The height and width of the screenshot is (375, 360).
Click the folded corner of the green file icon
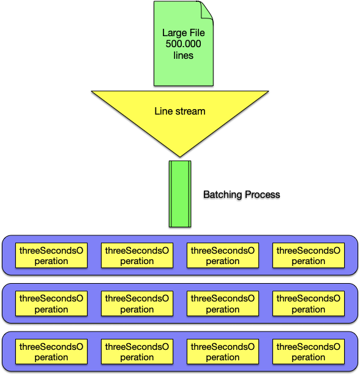click(206, 10)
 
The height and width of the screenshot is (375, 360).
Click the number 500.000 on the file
click(184, 44)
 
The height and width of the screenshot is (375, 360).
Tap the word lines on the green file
click(184, 55)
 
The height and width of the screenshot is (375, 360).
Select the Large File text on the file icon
click(184, 32)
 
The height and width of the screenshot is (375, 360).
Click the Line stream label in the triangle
click(180, 111)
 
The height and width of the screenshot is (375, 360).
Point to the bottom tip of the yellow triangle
click(180, 157)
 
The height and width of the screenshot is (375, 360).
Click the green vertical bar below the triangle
click(180, 194)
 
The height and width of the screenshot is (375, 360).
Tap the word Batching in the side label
click(223, 195)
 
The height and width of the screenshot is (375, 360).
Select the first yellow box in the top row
click(51, 256)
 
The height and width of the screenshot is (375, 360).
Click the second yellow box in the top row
click(137, 256)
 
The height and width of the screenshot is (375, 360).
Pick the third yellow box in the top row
click(223, 256)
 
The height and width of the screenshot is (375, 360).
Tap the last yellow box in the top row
click(309, 256)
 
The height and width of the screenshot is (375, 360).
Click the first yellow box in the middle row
click(51, 303)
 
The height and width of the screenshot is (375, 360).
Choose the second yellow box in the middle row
click(137, 303)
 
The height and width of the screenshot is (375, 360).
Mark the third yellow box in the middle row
click(223, 303)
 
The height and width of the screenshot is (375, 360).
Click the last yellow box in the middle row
click(309, 303)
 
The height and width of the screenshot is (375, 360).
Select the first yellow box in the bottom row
click(51, 352)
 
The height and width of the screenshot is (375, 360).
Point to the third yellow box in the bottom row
click(223, 352)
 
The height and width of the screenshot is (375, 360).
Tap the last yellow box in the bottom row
click(309, 352)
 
